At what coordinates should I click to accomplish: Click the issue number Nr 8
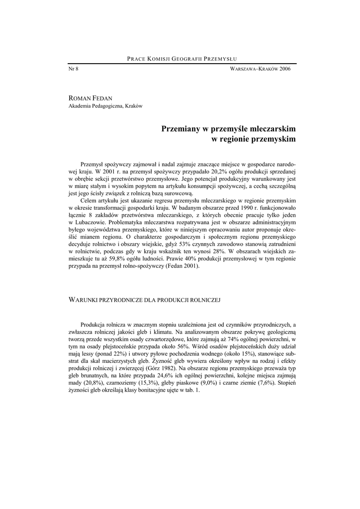point(73,69)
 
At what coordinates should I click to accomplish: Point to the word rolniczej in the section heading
point(206,300)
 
